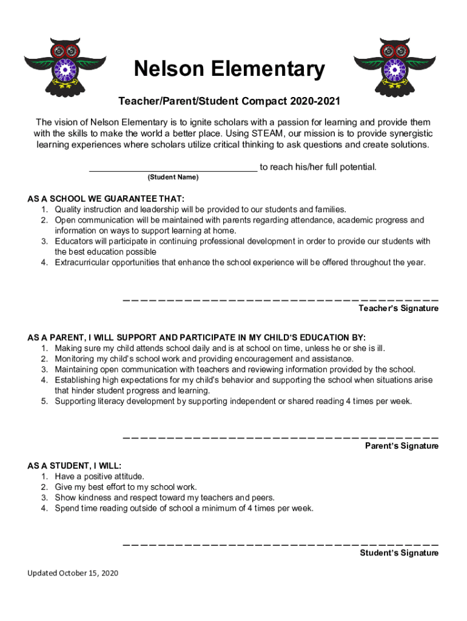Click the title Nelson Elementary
click(x=229, y=70)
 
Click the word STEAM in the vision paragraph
click(x=259, y=133)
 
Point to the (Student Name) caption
click(x=172, y=178)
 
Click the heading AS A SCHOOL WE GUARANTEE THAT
click(x=106, y=199)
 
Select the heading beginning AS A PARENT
click(x=197, y=337)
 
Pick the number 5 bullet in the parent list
click(x=44, y=401)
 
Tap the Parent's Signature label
click(x=401, y=446)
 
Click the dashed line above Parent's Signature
click(x=280, y=437)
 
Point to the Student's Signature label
click(x=399, y=553)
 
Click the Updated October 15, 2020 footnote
click(x=72, y=573)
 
